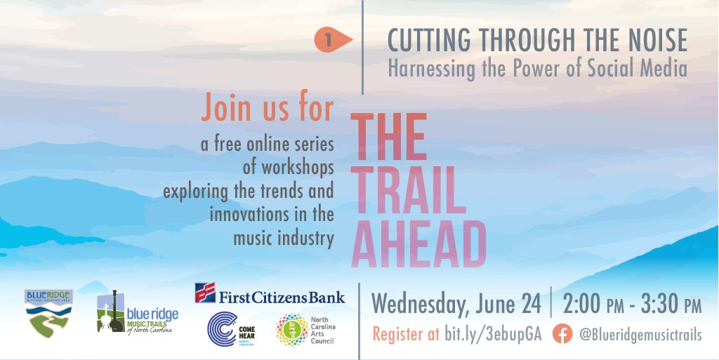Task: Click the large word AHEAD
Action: click(418, 242)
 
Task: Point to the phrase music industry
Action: click(284, 239)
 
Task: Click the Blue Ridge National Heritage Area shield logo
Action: click(47, 314)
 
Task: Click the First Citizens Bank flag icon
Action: click(205, 293)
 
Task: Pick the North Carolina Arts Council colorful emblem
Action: click(290, 329)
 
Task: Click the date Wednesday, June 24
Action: click(456, 305)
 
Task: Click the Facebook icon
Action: click(561, 335)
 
